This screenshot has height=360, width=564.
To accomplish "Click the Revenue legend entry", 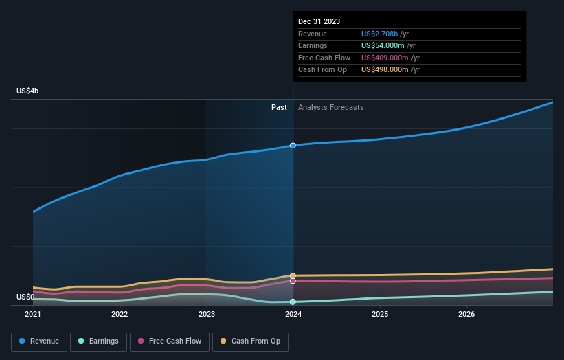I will tap(40, 341).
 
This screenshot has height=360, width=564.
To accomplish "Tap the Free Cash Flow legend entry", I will tap(170, 341).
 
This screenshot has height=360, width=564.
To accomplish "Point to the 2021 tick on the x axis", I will tap(33, 315).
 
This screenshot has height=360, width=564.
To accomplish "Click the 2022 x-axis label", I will tap(120, 315).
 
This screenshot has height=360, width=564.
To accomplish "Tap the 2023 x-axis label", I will tap(207, 315).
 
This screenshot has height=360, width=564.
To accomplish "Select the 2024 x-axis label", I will tap(293, 315).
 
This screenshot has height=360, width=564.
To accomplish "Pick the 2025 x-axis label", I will tap(380, 315).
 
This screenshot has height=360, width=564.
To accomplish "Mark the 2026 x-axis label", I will tap(466, 315).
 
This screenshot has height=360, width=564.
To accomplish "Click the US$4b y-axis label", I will tap(28, 91).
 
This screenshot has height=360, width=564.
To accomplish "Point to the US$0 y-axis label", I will tap(27, 297).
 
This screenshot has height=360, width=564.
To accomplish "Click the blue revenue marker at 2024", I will tap(293, 146).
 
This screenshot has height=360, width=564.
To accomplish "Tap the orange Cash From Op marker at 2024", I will tap(293, 275).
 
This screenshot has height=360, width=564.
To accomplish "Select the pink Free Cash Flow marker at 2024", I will tap(293, 281).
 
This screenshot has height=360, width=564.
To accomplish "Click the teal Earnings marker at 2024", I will tap(293, 302).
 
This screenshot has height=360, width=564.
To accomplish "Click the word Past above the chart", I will tap(279, 107).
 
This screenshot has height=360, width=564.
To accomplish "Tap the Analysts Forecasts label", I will tap(330, 107).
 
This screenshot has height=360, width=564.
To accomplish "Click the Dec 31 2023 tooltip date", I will tap(319, 22).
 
